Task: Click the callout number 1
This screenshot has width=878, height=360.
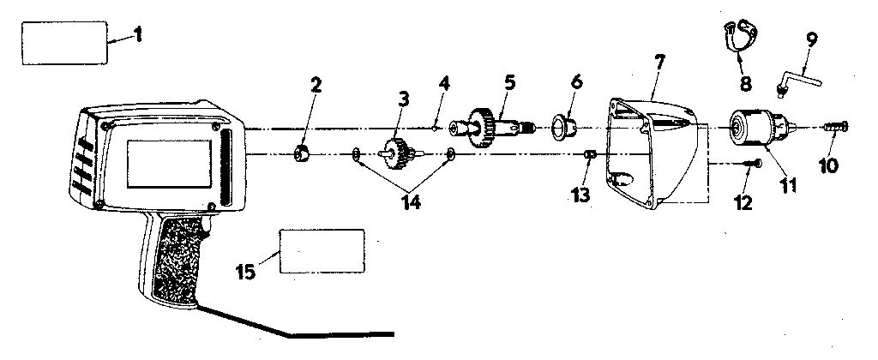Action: [x=137, y=36]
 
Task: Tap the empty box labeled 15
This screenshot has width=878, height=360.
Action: [x=322, y=251]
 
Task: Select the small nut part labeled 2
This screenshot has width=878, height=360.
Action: [x=302, y=153]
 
